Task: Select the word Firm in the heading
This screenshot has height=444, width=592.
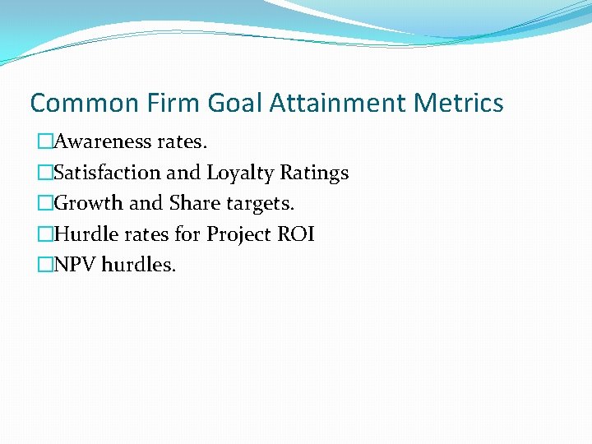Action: (x=175, y=104)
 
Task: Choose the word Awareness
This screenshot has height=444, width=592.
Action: (x=100, y=141)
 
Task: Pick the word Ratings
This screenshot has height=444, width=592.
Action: (x=314, y=173)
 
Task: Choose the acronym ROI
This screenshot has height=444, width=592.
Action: (x=295, y=234)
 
